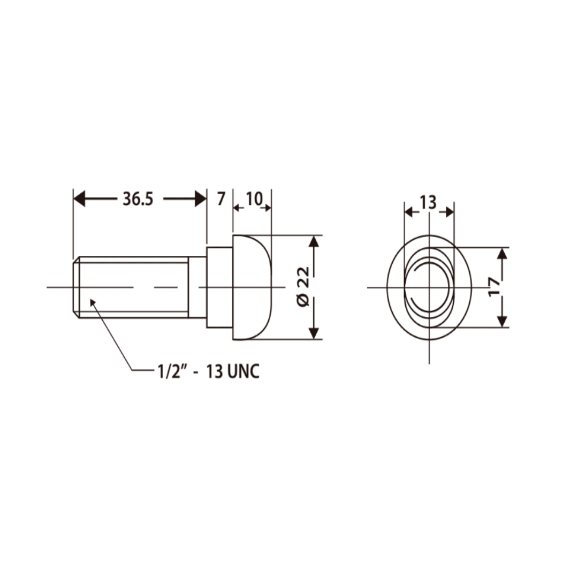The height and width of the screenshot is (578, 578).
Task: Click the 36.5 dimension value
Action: pos(138,200)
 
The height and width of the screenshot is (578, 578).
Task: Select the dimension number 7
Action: pos(220,200)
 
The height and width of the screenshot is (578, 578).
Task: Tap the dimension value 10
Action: pos(254,200)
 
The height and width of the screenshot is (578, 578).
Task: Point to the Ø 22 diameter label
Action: pos(303,287)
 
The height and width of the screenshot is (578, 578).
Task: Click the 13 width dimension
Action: pos(428,203)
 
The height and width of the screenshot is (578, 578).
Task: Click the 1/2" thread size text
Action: pos(170,371)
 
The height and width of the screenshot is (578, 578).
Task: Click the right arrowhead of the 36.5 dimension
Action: pos(200,200)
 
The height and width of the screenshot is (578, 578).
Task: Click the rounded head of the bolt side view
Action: pos(253,287)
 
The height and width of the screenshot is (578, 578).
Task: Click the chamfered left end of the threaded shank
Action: pos(76,287)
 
